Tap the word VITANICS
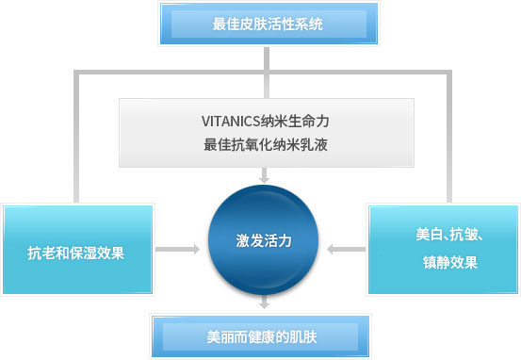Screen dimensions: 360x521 [232, 121]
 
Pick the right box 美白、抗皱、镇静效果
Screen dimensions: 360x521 [442, 250]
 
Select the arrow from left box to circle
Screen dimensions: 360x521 [178, 250]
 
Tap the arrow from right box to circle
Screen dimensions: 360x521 [349, 250]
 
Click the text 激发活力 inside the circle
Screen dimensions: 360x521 [264, 240]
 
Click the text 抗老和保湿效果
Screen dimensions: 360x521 [76, 253]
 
